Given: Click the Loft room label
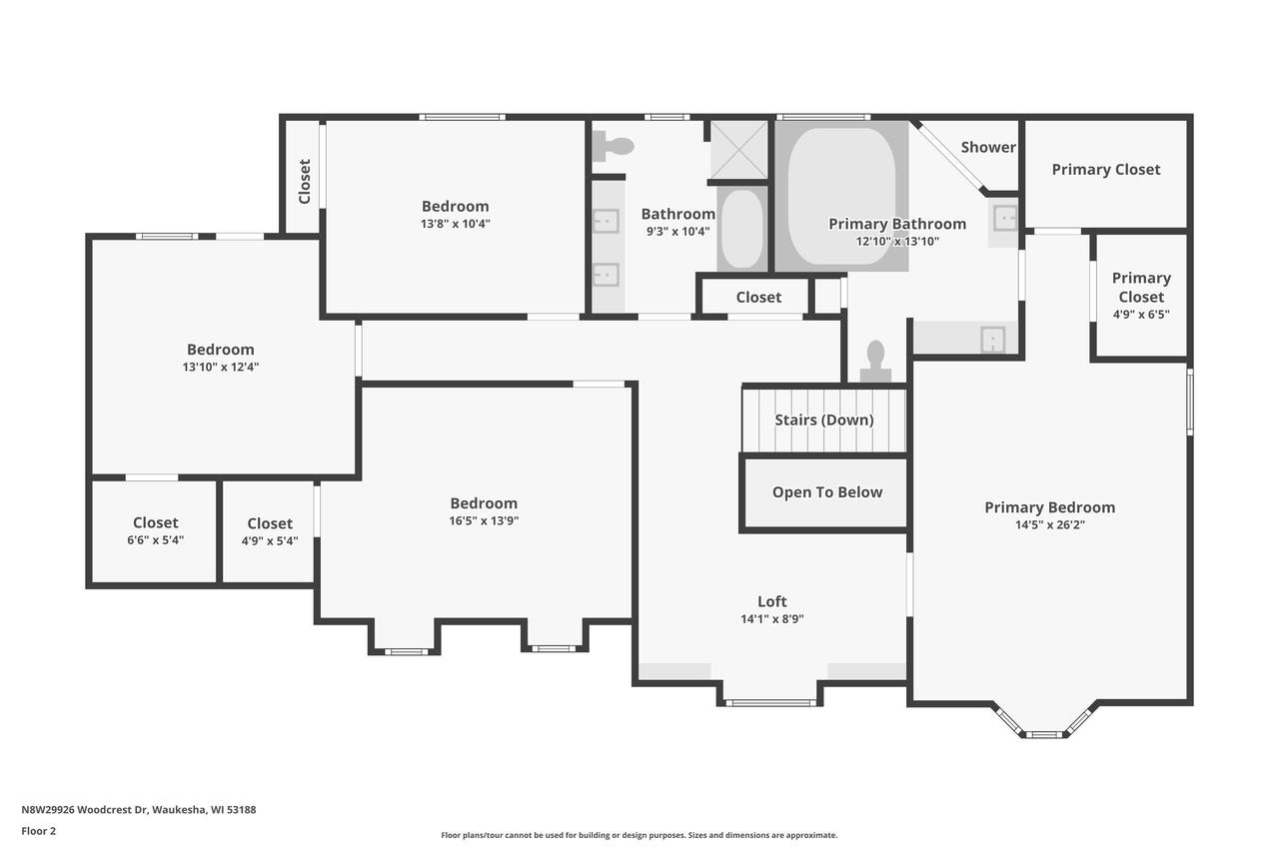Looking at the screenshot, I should [771, 601].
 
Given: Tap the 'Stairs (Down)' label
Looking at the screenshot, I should [823, 420].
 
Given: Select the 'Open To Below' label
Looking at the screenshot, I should [826, 492].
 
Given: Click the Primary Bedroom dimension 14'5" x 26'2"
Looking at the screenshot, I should [1049, 524].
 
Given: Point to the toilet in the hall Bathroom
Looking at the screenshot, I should [615, 147].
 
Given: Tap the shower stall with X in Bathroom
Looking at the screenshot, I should [738, 151].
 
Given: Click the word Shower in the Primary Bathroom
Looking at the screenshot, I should [988, 147].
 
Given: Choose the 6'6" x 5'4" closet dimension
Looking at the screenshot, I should [155, 540].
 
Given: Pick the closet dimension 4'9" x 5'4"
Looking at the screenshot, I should [270, 541].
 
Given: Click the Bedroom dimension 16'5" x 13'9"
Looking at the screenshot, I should [484, 520].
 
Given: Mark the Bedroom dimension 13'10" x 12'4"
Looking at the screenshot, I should [221, 367].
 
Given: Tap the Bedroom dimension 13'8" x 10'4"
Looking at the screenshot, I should [455, 224].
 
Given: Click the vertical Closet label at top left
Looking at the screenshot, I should [305, 181].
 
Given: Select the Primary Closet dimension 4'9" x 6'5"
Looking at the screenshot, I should [1140, 314].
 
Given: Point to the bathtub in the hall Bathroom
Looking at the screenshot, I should [741, 229].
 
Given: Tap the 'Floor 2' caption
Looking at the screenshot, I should [39, 830].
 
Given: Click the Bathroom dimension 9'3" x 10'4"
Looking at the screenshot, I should [677, 231].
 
